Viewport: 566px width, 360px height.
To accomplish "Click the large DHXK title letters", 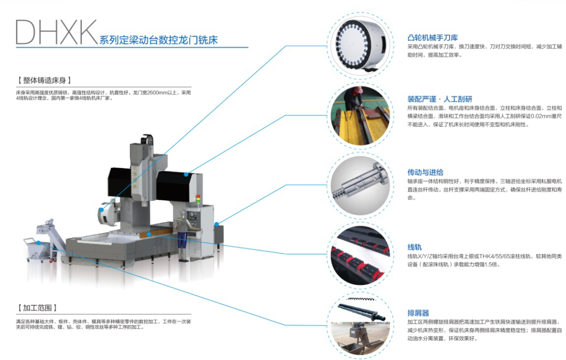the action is (x=56, y=33).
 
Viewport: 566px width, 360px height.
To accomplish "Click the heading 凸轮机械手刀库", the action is (x=433, y=38).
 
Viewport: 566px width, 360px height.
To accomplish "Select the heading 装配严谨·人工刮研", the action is (x=440, y=99).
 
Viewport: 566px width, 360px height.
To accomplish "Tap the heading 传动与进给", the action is (x=425, y=172).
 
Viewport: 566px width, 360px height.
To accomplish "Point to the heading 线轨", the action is (x=414, y=247).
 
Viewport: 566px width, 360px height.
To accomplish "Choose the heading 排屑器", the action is (x=418, y=313).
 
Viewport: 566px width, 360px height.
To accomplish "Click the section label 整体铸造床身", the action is (x=44, y=80).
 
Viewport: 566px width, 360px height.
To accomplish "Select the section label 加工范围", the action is (x=37, y=308).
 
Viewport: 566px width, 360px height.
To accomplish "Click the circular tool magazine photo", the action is (x=361, y=46).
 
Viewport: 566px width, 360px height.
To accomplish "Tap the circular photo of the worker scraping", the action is (x=361, y=116).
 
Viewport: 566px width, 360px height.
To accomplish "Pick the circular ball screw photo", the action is (x=361, y=185).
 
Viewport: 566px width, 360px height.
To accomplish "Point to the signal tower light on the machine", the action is (x=198, y=200).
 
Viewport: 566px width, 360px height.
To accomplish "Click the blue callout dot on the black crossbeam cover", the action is (x=186, y=175).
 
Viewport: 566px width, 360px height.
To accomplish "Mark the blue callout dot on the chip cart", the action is (x=39, y=243).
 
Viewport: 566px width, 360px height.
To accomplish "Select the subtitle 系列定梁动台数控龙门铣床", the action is (x=158, y=40).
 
